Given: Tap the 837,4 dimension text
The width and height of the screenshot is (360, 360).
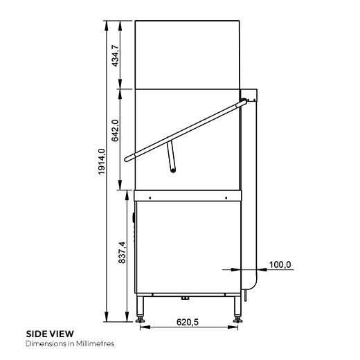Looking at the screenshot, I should coord(123,253).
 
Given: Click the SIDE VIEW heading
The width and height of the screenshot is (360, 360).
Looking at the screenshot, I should coord(49,333).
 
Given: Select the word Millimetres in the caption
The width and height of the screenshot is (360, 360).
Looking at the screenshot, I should coord(94,343).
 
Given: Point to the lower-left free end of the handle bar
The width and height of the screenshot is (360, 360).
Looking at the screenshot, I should coord(127,161).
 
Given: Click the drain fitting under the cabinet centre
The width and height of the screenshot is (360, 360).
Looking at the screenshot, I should coord(184,298).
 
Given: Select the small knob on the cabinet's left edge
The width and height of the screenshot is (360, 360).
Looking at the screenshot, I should coord(134,219).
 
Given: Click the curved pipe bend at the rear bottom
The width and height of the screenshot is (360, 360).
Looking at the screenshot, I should coord(252,284).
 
